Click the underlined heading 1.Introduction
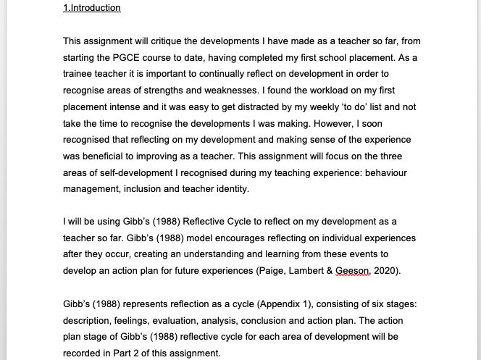click(92, 8)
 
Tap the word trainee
click(79, 74)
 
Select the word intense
click(122, 107)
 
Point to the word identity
click(229, 189)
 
